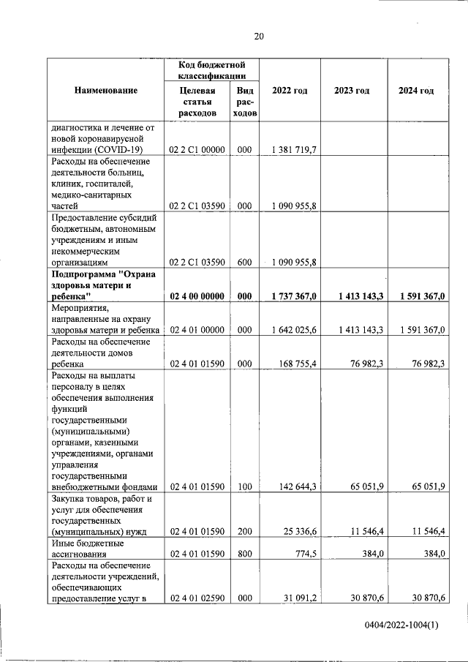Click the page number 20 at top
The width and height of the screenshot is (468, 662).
coord(258,36)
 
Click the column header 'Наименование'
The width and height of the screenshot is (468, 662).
coord(105,91)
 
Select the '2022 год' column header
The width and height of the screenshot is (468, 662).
coord(290,91)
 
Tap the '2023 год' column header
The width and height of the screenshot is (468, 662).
coord(352,91)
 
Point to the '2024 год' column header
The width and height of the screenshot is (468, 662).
coord(415,91)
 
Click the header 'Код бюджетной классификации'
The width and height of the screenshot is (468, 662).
coord(211,69)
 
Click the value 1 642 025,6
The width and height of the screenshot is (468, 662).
coord(292,331)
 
